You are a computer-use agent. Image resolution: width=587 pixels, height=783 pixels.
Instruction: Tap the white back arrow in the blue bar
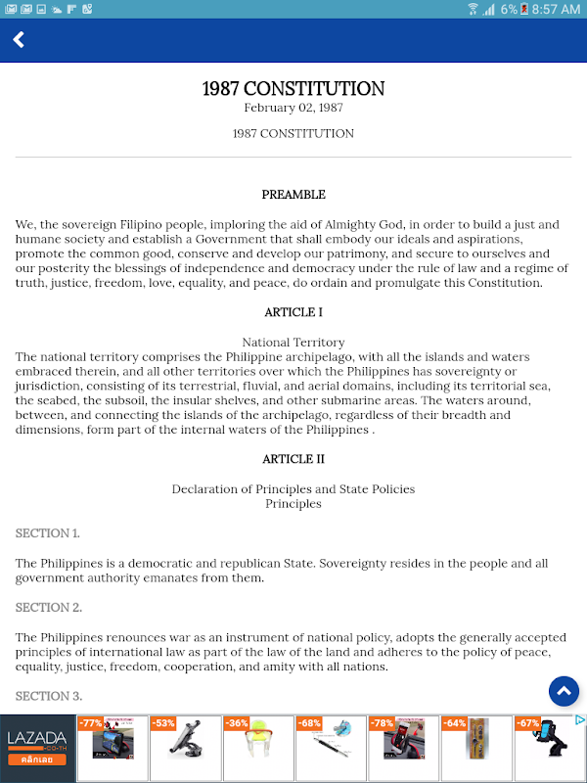18,40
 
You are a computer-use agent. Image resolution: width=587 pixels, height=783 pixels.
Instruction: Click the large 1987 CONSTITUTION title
293,88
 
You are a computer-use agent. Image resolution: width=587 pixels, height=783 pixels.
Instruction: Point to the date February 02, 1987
293,108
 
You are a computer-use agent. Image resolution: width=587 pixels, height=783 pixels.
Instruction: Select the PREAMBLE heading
293,195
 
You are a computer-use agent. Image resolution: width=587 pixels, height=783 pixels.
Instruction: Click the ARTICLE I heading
293,312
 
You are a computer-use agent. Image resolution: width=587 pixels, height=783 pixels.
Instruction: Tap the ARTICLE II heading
293,459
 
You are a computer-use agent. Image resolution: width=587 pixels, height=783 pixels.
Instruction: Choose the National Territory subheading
293,343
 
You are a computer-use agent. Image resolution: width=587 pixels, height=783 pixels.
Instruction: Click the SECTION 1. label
47,533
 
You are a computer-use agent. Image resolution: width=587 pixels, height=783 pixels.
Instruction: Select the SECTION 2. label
48,607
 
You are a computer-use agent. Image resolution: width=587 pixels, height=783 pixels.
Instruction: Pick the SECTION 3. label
48,696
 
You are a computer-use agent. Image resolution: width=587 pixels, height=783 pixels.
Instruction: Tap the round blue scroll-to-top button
564,691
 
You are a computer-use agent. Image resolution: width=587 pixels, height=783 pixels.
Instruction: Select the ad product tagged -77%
113,749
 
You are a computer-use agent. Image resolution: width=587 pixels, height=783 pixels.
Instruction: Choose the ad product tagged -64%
475,749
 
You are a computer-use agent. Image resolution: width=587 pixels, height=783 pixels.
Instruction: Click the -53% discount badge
163,723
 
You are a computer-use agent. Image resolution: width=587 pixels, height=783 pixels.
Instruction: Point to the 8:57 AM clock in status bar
556,9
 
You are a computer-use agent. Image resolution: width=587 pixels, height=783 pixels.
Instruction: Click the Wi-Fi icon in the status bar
473,9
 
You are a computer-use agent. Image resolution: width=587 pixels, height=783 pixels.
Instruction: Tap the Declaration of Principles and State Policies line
293,488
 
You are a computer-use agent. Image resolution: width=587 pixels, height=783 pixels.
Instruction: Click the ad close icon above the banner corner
579,720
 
